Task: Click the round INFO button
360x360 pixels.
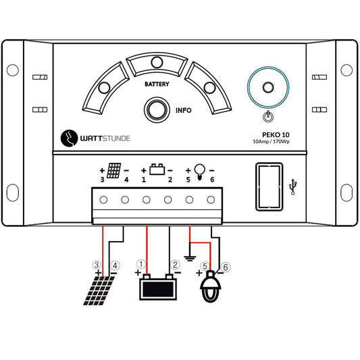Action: coord(157,110)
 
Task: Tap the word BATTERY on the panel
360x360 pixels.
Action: coord(157,84)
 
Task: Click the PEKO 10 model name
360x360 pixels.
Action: coord(276,135)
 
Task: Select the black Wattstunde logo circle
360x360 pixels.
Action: coord(69,138)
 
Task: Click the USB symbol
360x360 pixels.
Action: coord(292,186)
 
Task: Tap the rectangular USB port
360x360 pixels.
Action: coord(269,186)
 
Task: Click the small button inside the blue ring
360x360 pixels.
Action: coord(268,87)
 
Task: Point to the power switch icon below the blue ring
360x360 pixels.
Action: coord(268,117)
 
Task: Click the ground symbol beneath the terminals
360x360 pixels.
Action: coord(190,258)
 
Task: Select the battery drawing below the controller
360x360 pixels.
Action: coord(158,287)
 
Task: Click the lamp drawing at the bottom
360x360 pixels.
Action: coord(211,286)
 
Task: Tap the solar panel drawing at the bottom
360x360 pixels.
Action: coord(99,290)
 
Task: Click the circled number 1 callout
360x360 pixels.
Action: coord(141,264)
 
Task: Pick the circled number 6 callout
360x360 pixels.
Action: coord(225,267)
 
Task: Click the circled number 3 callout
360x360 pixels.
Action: coord(97,265)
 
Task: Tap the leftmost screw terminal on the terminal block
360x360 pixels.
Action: coord(103,200)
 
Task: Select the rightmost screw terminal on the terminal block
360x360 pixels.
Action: coord(211,200)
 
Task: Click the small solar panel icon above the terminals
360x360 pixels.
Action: coord(114,171)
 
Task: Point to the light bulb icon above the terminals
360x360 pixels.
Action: coord(199,172)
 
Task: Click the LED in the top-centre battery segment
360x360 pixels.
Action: coord(157,62)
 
